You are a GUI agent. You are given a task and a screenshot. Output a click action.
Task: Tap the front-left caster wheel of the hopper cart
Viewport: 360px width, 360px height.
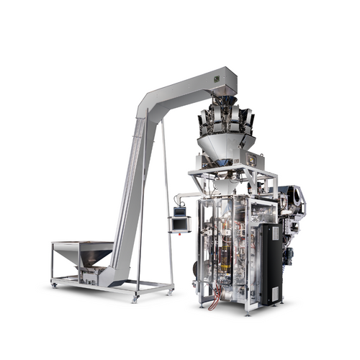[55, 286]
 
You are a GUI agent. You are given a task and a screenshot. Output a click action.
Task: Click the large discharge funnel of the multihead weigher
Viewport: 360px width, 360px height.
[226, 148]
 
